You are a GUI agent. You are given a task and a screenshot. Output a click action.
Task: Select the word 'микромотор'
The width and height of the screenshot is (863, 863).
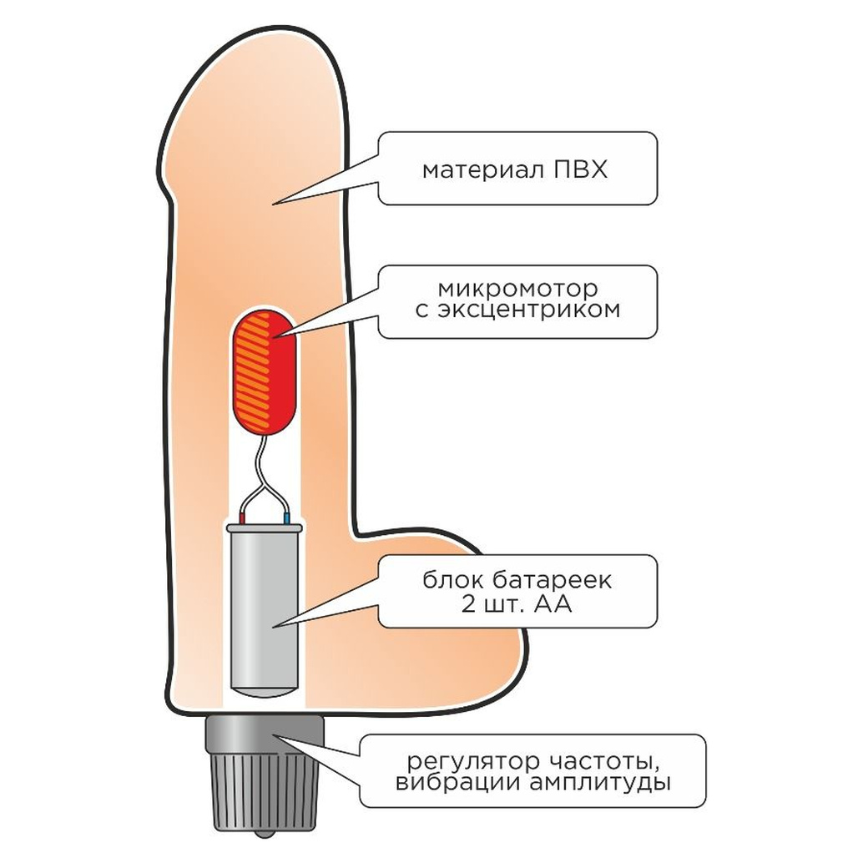517,289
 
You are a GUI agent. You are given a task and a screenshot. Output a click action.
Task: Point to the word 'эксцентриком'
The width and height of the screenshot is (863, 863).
529,310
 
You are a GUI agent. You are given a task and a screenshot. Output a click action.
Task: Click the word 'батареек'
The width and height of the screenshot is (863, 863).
552,581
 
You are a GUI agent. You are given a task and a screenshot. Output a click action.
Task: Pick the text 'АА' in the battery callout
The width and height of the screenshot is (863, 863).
553,605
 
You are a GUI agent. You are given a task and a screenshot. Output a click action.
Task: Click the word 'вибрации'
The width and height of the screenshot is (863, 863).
459,782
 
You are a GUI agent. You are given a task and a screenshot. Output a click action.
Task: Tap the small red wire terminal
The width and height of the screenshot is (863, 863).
241,518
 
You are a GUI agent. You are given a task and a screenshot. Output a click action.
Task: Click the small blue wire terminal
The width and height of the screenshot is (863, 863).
286,518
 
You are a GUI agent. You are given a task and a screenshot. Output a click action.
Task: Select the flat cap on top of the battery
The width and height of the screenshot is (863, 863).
265,528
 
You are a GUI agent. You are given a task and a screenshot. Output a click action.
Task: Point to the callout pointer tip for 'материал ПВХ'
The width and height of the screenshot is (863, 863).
274,204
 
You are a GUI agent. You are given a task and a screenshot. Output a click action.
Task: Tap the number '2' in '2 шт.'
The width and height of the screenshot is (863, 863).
468,605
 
